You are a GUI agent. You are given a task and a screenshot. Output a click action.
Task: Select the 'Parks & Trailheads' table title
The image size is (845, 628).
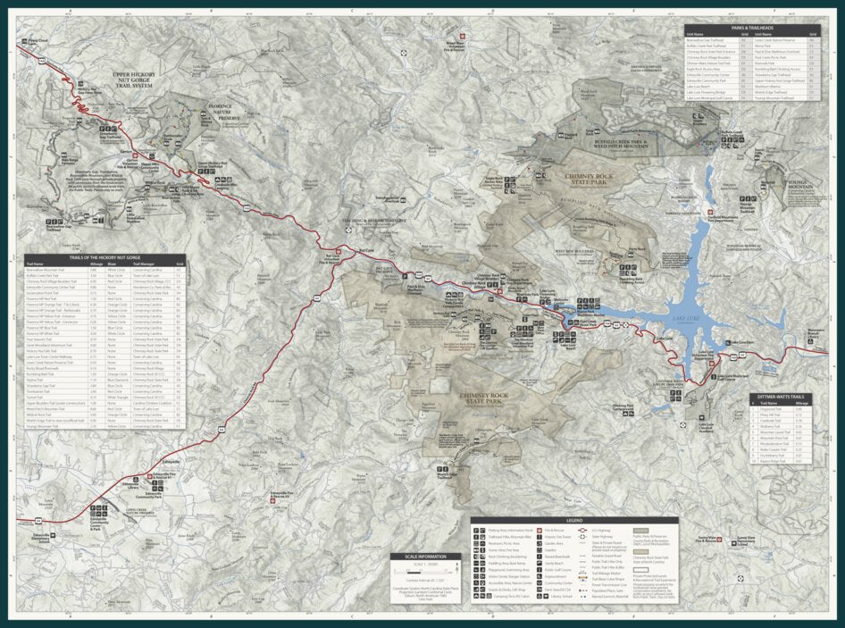tap(750, 28)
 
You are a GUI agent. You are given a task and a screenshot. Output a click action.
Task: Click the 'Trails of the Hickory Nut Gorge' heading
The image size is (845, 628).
tap(105, 256)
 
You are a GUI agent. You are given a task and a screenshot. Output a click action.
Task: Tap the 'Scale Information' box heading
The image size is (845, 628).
tap(423, 557)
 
